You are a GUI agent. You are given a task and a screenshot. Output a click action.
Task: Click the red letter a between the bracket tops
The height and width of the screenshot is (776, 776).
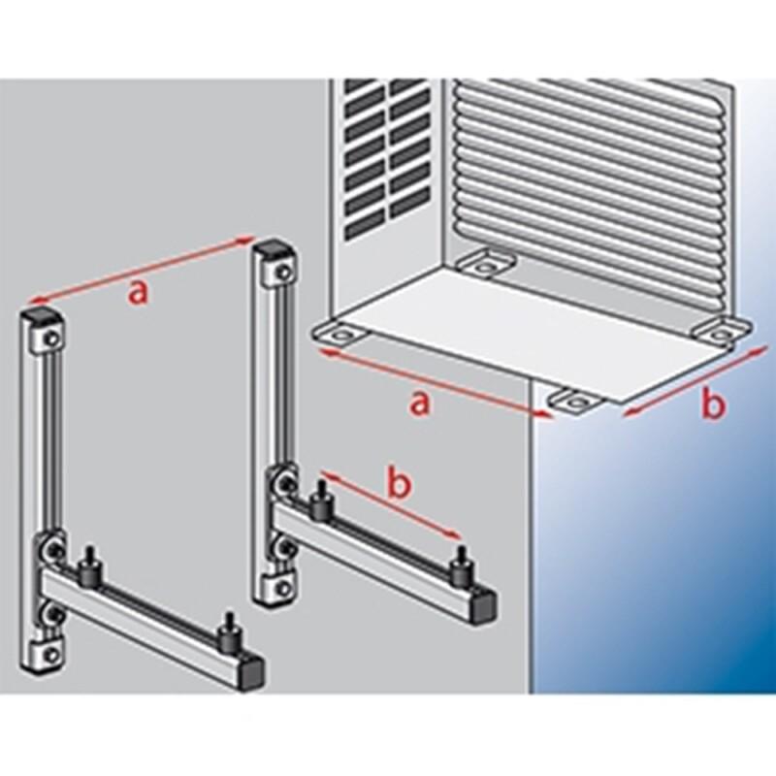point(138,293)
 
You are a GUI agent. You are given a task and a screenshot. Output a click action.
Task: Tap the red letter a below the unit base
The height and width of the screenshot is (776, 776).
point(420,404)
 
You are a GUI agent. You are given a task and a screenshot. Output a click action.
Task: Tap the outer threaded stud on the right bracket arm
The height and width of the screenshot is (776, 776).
point(462,565)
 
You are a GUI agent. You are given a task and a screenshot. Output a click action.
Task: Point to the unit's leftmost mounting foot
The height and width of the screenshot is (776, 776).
point(339,334)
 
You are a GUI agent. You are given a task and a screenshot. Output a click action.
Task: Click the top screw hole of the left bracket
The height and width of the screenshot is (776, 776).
point(52,338)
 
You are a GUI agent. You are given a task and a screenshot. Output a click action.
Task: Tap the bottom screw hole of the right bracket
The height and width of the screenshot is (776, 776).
point(282,588)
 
